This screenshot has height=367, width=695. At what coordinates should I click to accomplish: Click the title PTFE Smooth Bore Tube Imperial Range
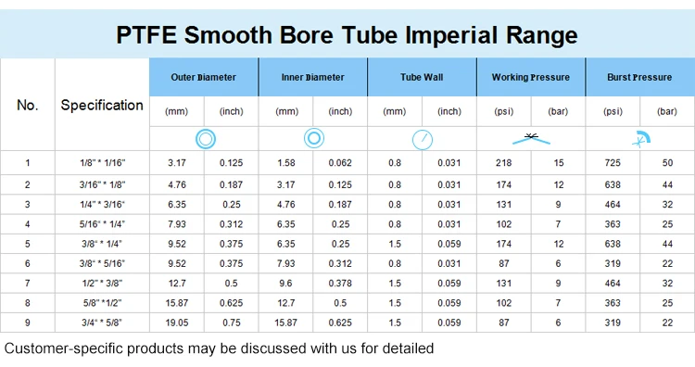[x=347, y=35]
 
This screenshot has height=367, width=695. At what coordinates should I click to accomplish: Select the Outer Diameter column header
[x=204, y=77]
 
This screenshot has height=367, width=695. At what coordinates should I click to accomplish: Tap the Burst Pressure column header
[x=639, y=77]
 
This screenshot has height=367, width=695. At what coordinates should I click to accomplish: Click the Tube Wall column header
[x=422, y=77]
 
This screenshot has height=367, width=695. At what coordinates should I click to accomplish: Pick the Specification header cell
[x=102, y=105]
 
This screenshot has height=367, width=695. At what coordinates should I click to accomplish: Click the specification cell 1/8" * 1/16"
[x=102, y=163]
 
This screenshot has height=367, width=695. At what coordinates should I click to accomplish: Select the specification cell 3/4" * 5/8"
[x=102, y=323]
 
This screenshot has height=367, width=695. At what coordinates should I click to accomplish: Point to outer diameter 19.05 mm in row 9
[x=177, y=323]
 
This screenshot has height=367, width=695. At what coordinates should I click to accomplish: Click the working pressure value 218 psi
[x=504, y=163]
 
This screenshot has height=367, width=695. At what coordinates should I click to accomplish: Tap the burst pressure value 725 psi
[x=613, y=163]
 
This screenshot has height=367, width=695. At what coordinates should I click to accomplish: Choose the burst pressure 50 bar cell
[x=667, y=163]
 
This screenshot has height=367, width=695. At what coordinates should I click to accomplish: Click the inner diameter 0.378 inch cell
[x=340, y=284]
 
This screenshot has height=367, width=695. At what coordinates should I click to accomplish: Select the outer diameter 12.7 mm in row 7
[x=177, y=284]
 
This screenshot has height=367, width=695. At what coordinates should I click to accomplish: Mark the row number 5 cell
[x=28, y=244]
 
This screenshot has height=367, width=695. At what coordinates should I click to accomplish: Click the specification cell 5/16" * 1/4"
[x=102, y=223]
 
